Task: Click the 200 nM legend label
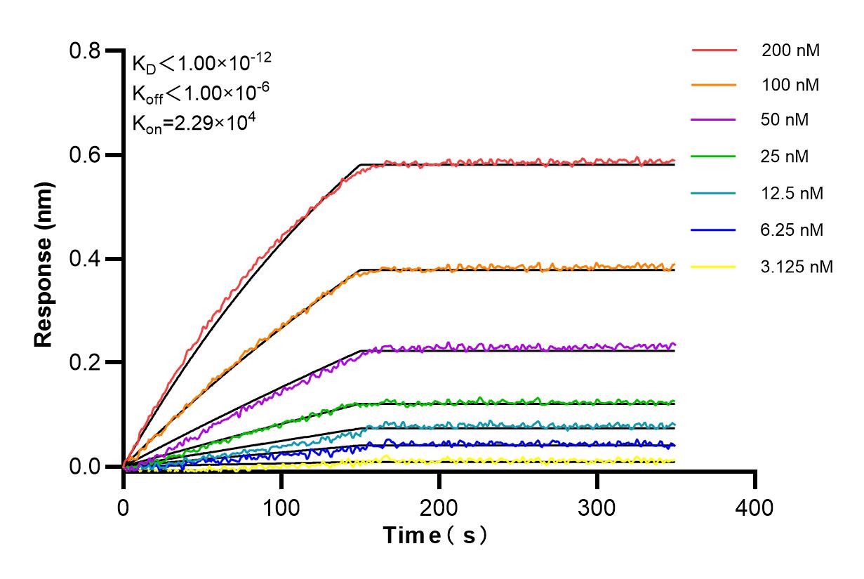tap(791, 51)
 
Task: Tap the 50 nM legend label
tap(785, 120)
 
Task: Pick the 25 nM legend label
tap(785, 157)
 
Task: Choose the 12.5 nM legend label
tap(792, 193)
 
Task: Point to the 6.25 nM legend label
tap(792, 229)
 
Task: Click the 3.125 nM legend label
tap(797, 267)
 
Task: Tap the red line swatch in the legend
tap(714, 51)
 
